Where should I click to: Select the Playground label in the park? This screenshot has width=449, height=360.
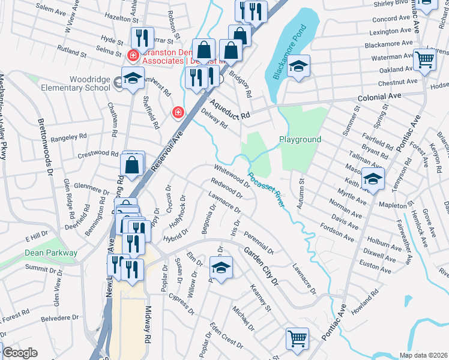(300, 139)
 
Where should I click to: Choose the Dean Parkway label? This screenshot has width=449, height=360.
(51, 253)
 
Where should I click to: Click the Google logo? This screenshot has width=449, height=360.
(20, 353)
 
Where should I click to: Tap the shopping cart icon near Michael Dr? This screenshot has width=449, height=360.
(297, 338)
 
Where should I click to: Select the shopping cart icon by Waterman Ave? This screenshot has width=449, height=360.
(424, 60)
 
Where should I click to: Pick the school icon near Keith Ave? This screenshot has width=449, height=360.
(373, 178)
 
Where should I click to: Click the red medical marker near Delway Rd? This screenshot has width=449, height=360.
(177, 112)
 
